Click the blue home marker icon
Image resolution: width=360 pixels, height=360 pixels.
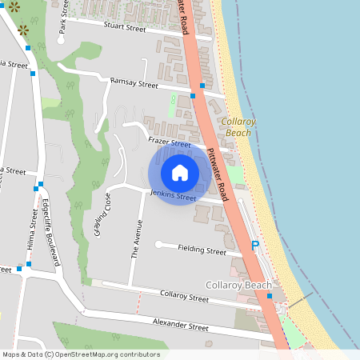tap(180, 173)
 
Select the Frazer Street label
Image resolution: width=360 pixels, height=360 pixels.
tap(170, 142)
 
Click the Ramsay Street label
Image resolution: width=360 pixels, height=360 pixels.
tap(134, 82)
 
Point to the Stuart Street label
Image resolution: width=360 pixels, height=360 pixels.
tap(124, 27)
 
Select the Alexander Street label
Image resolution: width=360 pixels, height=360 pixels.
tap(181, 326)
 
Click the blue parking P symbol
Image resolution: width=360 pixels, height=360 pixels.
tap(255, 246)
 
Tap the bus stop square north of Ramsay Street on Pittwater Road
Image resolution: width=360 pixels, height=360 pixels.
tap(202, 86)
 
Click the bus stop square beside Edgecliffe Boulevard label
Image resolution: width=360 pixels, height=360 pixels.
tap(38, 188)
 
